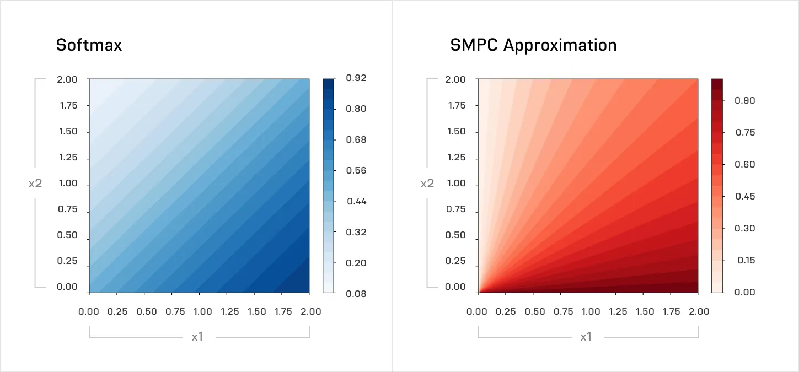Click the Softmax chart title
click(89, 45)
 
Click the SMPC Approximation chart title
click(533, 45)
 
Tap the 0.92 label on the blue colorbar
click(356, 78)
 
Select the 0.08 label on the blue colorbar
click(356, 293)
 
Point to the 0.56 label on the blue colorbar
click(356, 170)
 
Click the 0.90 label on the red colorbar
click(745, 100)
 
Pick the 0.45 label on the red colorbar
click(745, 196)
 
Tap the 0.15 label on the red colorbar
click(745, 260)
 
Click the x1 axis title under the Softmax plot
click(197, 336)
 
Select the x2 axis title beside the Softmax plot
click(35, 183)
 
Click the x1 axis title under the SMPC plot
click(586, 336)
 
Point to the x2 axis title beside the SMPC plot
click(427, 183)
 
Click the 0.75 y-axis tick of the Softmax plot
click(68, 209)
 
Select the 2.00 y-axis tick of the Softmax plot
click(68, 79)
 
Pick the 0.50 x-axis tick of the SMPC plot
click(535, 311)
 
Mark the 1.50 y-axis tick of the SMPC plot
click(457, 132)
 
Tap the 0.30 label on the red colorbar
click(745, 228)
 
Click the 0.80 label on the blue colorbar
click(356, 109)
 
